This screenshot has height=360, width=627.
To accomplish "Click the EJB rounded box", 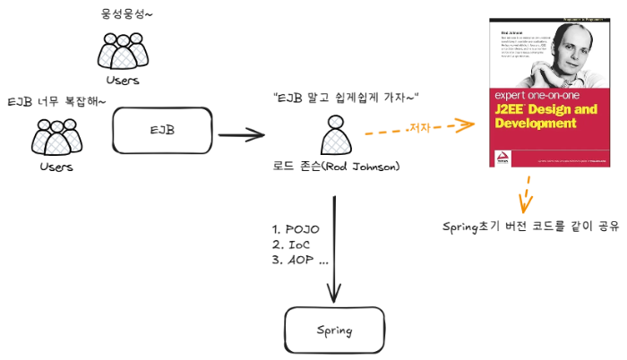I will (162, 132).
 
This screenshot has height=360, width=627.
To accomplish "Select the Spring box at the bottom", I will (333, 330).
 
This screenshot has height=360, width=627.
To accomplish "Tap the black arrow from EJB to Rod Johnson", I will (241, 136).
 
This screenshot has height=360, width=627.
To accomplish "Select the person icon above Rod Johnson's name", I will (334, 138).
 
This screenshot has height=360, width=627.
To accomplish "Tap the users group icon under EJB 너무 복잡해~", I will (56, 138).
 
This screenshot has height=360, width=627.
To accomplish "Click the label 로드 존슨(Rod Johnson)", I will (336, 167).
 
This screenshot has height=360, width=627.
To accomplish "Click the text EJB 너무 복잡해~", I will (56, 101).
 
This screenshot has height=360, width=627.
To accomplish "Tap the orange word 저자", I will (418, 128).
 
